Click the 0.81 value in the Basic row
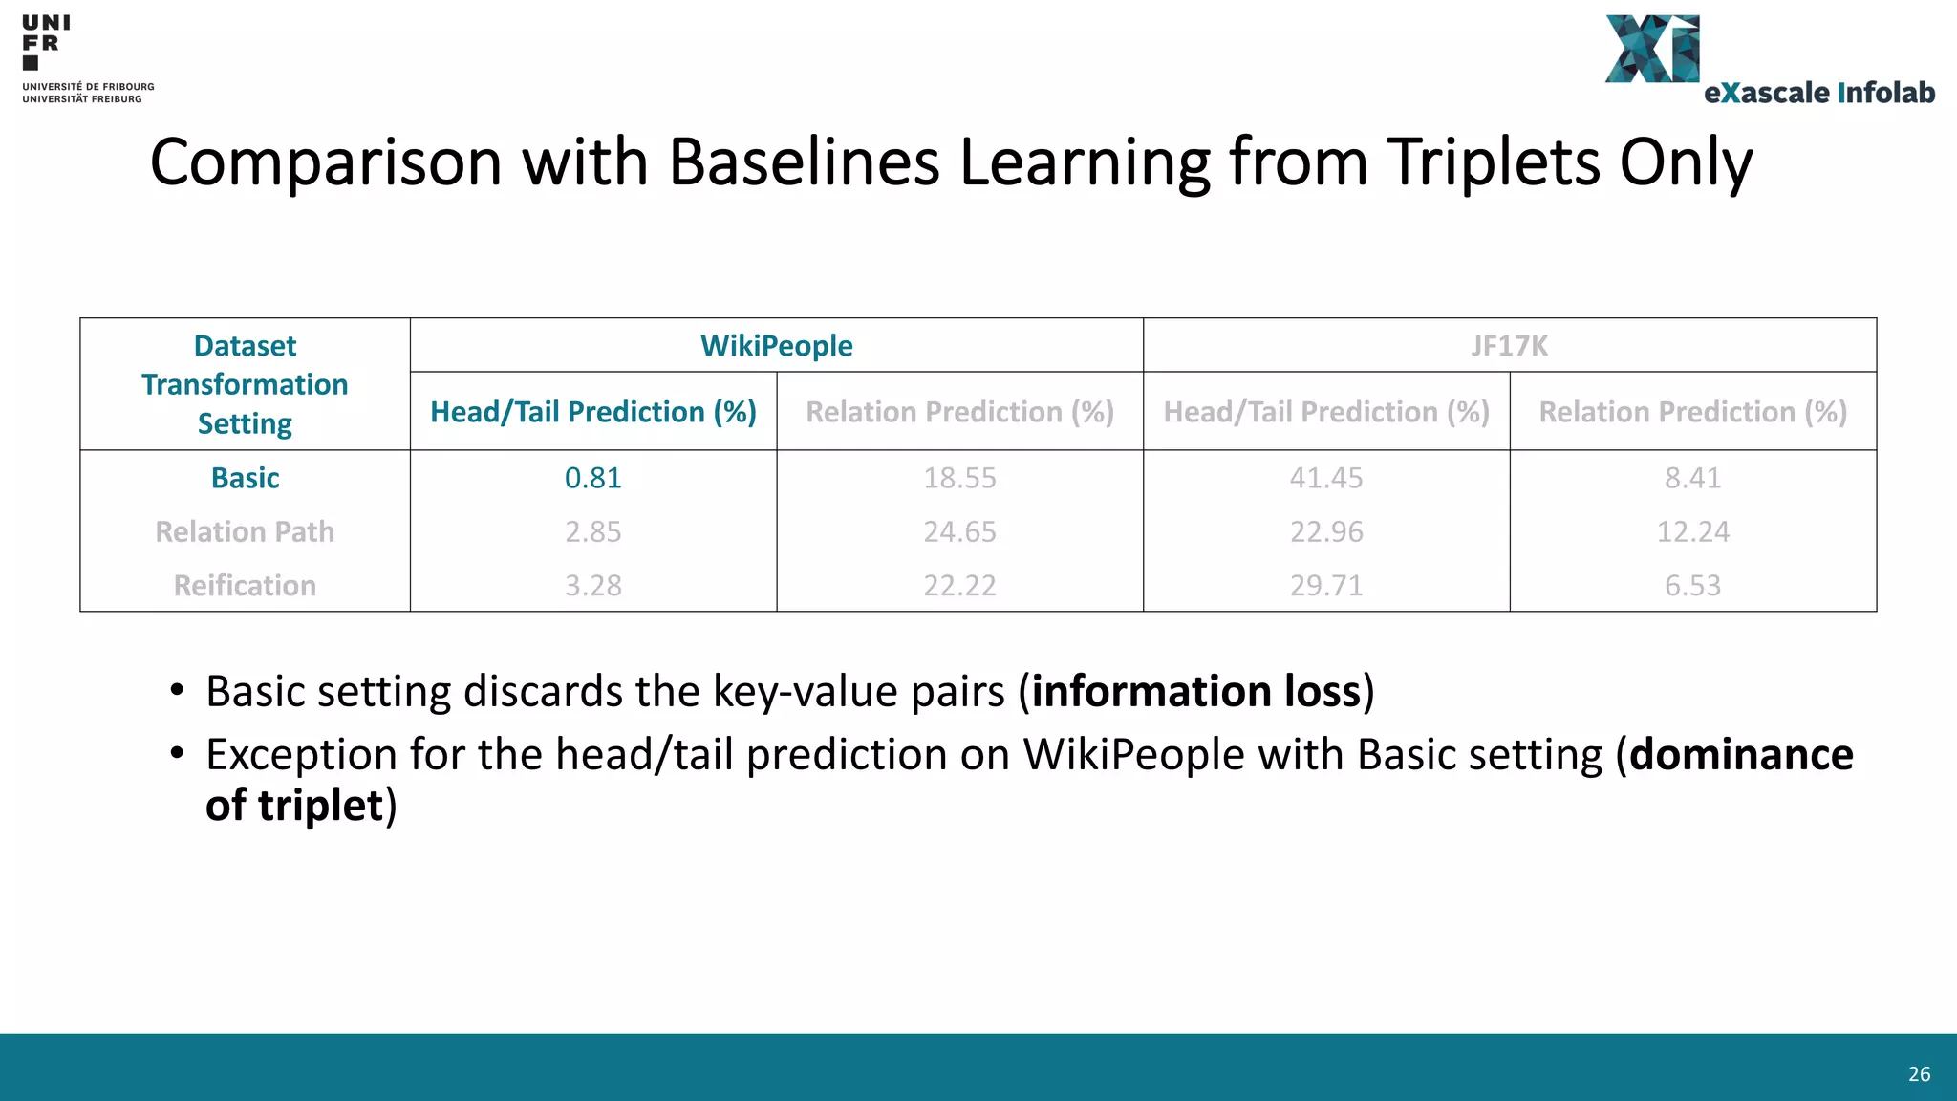pos(592,478)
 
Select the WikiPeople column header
pos(776,346)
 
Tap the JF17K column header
pos(1509,346)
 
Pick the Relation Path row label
pos(245,531)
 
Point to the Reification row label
pos(245,585)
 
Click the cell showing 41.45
pos(1326,478)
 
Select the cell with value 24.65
pos(959,531)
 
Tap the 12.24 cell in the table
pos(1692,531)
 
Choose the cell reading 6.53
pos(1692,585)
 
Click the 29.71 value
pos(1326,585)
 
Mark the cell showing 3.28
pos(592,585)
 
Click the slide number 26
pos(1919,1074)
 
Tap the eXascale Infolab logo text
pos(1818,93)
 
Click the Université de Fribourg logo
pos(86,57)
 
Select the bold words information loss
pos(1195,691)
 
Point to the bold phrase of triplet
pos(294,805)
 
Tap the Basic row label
pos(245,478)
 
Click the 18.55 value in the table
pos(959,478)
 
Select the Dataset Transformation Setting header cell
pos(245,384)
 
